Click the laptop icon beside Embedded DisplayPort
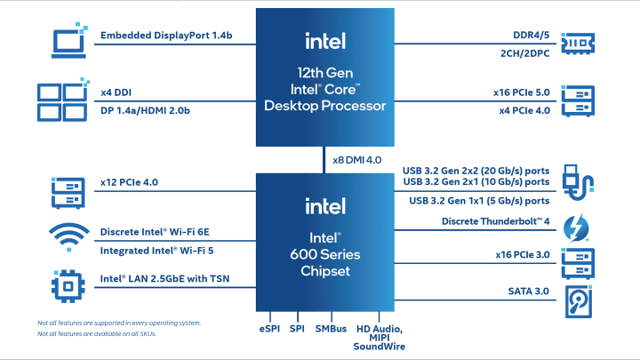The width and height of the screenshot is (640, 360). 67,39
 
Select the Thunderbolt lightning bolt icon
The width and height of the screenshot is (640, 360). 579,226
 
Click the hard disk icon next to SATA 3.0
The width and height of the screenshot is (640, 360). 579,302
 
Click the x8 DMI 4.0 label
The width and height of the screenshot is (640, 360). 357,160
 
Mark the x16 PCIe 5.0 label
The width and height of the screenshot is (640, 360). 522,91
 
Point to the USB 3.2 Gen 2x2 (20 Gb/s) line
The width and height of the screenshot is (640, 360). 476,170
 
